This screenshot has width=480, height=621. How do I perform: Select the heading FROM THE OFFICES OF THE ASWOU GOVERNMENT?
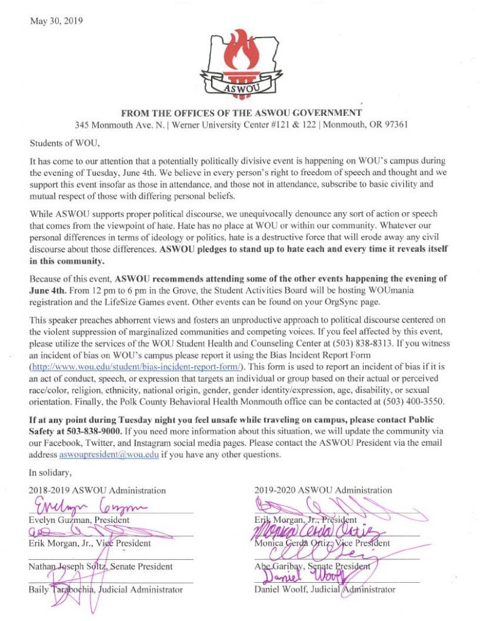click(x=242, y=113)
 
